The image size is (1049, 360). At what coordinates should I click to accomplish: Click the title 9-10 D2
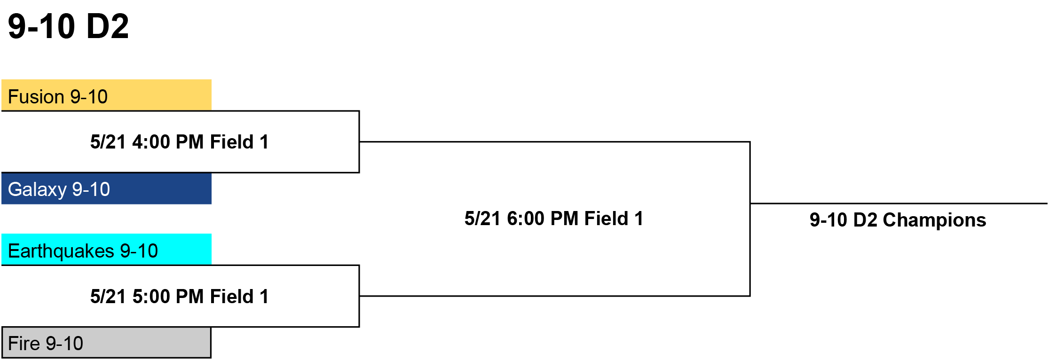pos(68,26)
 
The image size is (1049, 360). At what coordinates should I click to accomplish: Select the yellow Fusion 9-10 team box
pos(106,95)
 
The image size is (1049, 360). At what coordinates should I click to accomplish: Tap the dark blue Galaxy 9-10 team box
pos(106,188)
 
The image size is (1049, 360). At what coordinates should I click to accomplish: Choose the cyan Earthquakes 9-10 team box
pos(106,249)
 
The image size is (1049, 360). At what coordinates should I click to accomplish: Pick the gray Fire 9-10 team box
pos(106,343)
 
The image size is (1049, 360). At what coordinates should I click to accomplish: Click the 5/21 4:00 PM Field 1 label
pos(179,142)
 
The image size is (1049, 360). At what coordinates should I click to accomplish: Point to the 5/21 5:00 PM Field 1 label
pos(179,297)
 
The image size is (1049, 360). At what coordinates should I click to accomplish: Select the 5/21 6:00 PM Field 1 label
pos(554,219)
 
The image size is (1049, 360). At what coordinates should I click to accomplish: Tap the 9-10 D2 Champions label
pos(898,220)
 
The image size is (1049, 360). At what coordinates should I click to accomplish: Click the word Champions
pos(934,220)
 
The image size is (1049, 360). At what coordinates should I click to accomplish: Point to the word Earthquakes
pos(61,251)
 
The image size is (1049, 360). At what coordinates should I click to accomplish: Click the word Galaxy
pos(37,189)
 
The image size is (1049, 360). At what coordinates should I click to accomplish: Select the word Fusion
pos(36,97)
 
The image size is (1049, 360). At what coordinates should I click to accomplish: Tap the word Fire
pos(24,344)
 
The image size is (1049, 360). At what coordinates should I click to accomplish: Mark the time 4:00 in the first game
pos(151,142)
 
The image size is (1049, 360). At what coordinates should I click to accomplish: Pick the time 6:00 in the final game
pos(526,219)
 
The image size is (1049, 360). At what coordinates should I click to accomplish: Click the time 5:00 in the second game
pos(151,297)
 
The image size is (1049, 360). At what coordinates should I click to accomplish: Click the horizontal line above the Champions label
pos(899,203)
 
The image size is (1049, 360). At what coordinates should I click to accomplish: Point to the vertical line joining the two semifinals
pos(750,219)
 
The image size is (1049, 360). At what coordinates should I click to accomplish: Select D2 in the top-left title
pos(108,26)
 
